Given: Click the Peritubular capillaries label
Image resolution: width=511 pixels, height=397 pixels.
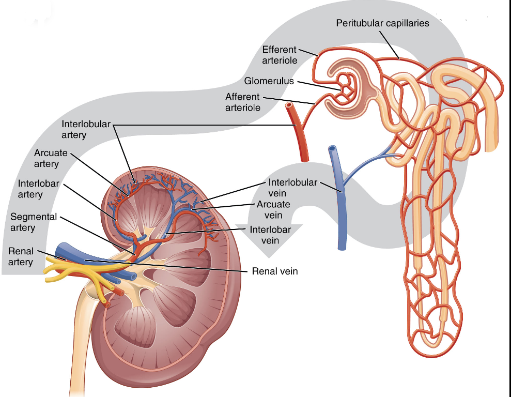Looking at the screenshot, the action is point(382,23).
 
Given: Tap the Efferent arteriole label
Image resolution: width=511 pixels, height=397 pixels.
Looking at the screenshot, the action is point(280,55).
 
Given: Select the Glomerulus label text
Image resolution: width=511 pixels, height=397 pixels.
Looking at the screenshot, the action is point(269,81).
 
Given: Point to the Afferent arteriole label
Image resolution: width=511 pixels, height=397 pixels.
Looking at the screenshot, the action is point(243,102).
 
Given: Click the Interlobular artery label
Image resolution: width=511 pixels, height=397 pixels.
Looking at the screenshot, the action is point(86,129).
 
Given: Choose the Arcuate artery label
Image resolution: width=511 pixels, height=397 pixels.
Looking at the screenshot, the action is point(51,158).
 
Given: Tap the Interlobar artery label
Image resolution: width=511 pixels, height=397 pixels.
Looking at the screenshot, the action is point(38,189).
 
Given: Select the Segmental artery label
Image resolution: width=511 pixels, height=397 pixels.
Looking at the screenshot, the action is point(34,222).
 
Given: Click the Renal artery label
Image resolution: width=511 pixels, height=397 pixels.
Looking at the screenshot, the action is point(21,256).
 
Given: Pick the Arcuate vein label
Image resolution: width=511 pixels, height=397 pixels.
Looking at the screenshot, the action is point(273,209).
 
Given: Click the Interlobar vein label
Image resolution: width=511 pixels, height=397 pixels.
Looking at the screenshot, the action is point(270,235).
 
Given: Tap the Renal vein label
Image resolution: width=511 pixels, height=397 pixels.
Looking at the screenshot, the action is point(275,271).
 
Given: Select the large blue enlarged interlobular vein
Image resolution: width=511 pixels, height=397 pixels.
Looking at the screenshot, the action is point(339,199).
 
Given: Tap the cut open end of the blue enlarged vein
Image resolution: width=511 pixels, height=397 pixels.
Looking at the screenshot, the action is point(332,148).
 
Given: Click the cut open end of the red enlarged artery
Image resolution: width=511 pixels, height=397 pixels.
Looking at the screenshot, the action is point(289,105).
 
